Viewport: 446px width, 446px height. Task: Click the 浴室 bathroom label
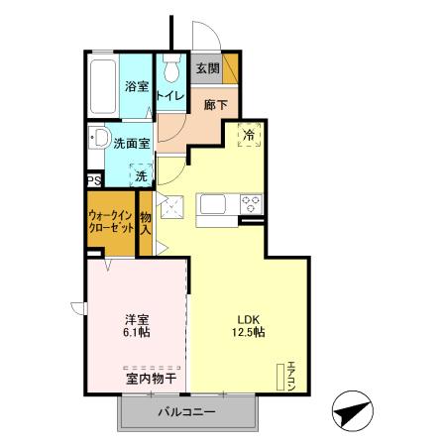tap(137, 87)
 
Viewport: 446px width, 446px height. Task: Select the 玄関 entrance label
tap(206, 68)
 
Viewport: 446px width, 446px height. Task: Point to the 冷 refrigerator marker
tap(249, 136)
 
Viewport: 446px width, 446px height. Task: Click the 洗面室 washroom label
tap(131, 143)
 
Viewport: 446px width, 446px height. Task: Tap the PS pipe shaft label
tap(94, 180)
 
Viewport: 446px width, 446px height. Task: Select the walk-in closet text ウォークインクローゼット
tap(110, 220)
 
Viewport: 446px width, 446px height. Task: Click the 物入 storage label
tap(145, 223)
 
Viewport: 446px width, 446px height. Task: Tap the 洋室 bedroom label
tap(136, 319)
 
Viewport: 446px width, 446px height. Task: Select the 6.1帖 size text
tap(137, 334)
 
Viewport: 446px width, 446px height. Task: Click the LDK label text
tap(247, 319)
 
